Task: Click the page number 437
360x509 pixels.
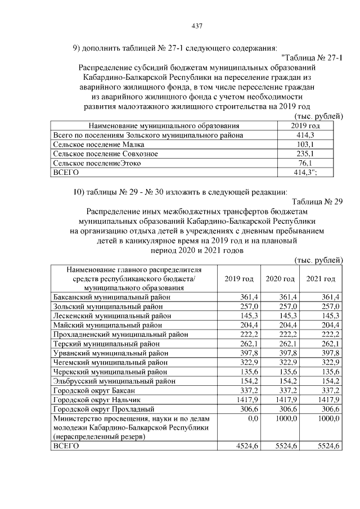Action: point(197,26)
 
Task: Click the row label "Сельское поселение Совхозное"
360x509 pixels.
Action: point(105,154)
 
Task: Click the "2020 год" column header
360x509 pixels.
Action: point(280,279)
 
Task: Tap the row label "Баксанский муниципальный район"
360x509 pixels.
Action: point(111,296)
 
